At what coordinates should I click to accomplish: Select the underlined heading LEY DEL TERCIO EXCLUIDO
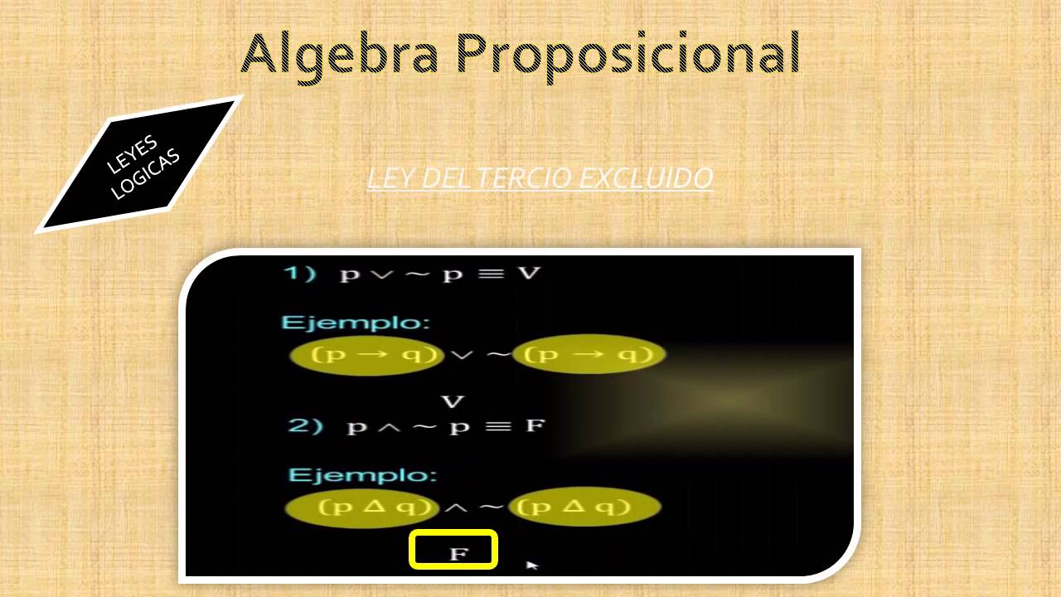point(540,178)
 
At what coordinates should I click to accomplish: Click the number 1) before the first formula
point(300,274)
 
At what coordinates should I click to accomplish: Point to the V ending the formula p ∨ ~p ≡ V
point(528,273)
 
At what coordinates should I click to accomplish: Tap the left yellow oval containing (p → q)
point(367,355)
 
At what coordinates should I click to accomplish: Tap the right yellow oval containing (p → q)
point(589,355)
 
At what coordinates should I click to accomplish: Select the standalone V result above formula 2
point(453,402)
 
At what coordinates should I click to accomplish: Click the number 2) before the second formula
point(305,426)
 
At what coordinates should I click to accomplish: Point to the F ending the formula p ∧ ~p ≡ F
point(535,426)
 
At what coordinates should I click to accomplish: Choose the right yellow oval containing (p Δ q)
point(584,507)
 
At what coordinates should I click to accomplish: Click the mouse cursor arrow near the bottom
point(531,565)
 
